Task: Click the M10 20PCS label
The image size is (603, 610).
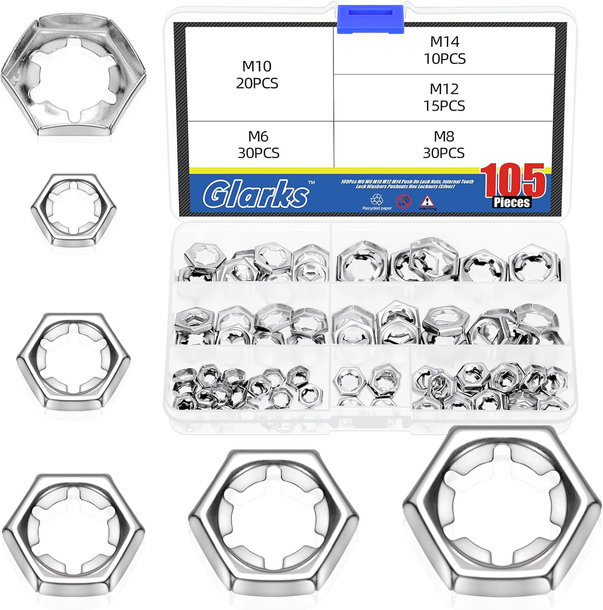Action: pyautogui.click(x=257, y=74)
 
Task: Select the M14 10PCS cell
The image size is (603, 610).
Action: pyautogui.click(x=444, y=50)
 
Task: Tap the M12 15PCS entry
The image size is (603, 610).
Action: pyautogui.click(x=444, y=97)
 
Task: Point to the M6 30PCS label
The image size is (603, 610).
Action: pyautogui.click(x=259, y=144)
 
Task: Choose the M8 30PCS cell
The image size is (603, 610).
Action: pyautogui.click(x=444, y=144)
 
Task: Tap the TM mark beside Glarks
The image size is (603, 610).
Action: pyautogui.click(x=311, y=183)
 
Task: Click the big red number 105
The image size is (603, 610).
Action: pyautogui.click(x=514, y=180)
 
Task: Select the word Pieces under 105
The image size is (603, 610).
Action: pyautogui.click(x=512, y=202)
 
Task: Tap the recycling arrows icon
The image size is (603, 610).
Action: pyautogui.click(x=377, y=199)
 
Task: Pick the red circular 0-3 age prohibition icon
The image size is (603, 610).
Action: pyautogui.click(x=403, y=200)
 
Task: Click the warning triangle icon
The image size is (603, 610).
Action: pyautogui.click(x=427, y=200)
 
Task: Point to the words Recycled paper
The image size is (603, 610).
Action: pyautogui.click(x=377, y=208)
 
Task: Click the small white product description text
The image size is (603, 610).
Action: pyautogui.click(x=407, y=184)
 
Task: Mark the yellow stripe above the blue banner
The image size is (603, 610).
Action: pyautogui.click(x=333, y=171)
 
